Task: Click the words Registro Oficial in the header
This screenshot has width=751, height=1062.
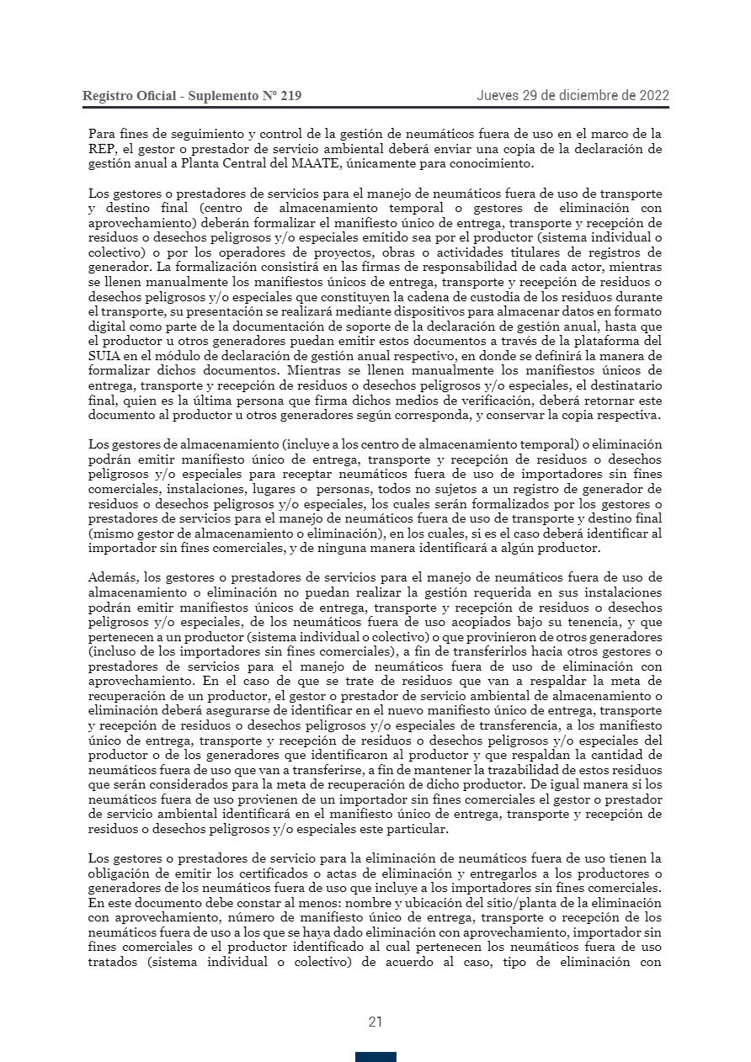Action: click(x=129, y=96)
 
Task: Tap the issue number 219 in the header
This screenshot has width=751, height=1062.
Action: click(x=290, y=96)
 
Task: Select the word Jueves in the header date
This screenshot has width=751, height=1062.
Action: click(x=498, y=95)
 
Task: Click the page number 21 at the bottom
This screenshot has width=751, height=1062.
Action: click(x=375, y=1022)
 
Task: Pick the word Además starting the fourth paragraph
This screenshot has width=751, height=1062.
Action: click(x=114, y=578)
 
